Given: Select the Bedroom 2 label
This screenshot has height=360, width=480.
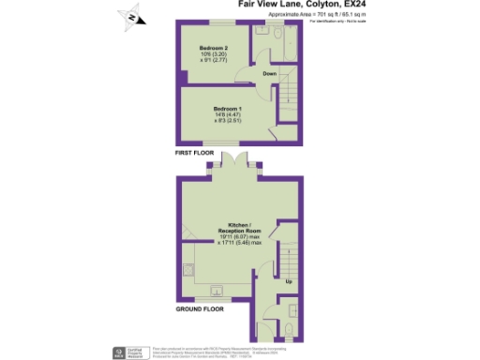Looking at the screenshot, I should tap(215, 46).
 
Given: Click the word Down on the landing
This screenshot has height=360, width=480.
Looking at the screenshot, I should tap(270, 73).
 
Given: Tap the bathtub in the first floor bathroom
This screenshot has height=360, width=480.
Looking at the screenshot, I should tap(291, 46).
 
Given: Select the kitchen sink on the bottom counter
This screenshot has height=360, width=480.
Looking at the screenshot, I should tap(218, 289).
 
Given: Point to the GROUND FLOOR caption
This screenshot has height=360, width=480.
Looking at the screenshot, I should tap(200, 307).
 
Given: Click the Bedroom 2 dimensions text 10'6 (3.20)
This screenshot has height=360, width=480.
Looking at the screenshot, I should tap(215, 53).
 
